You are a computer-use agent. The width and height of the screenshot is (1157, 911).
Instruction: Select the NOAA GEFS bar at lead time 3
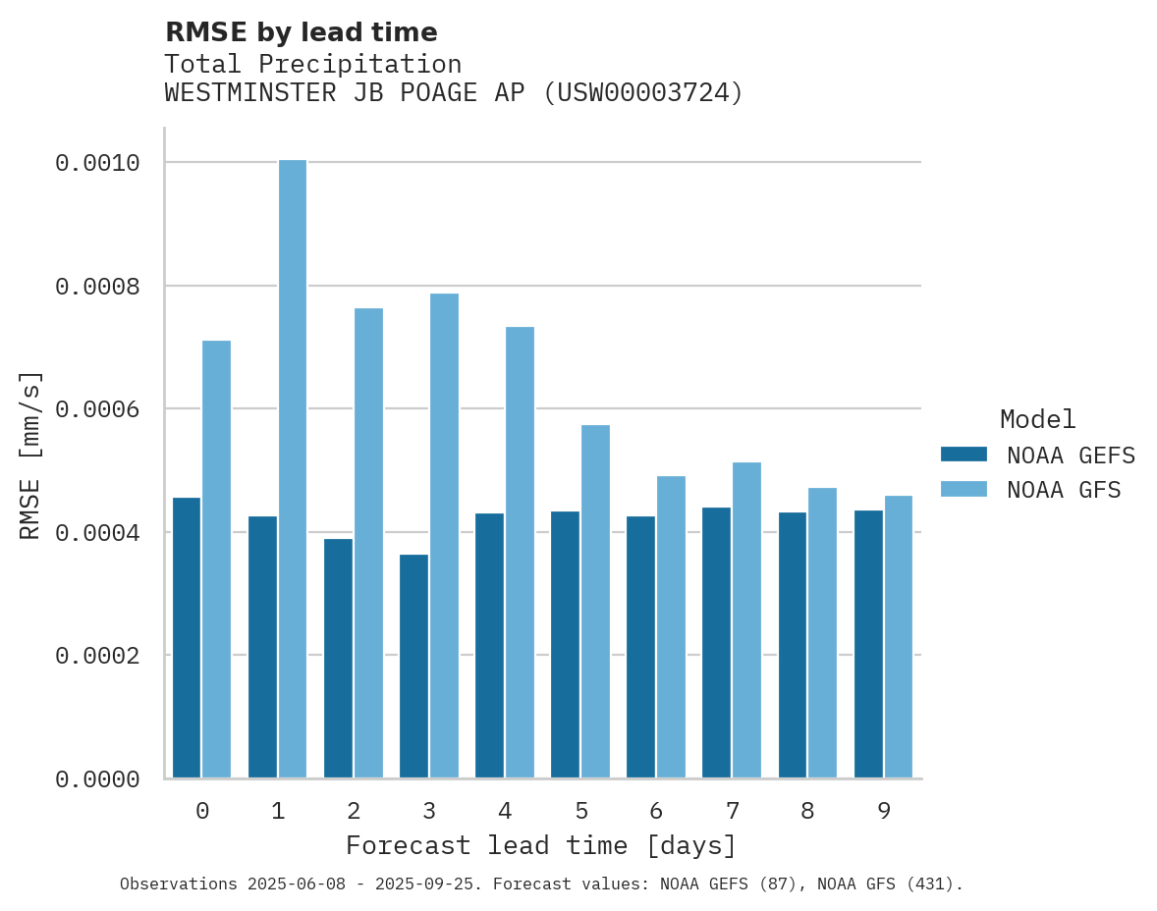click(413, 667)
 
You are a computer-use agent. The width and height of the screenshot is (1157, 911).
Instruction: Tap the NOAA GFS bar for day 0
click(216, 560)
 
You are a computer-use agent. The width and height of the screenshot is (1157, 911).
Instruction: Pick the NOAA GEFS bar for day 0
click(187, 638)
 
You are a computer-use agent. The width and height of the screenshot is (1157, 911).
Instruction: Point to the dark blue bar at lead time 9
click(868, 644)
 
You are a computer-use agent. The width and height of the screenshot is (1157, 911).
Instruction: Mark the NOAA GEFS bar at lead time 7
click(717, 643)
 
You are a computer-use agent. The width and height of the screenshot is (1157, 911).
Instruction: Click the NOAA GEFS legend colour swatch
click(964, 455)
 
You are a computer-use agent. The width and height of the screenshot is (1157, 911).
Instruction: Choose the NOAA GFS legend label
click(1064, 489)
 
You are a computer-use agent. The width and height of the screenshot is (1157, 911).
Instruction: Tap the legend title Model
click(1037, 419)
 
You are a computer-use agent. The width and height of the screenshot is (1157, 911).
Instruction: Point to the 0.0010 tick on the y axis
click(96, 163)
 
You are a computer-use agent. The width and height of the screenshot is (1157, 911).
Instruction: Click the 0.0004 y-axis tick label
click(96, 533)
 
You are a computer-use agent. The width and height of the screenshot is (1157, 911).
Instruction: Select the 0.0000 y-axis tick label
click(96, 779)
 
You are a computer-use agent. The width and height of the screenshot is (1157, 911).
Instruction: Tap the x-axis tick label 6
click(656, 811)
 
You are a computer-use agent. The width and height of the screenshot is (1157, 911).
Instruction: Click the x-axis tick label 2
click(354, 811)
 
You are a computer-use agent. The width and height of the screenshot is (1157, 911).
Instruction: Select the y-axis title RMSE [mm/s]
click(31, 455)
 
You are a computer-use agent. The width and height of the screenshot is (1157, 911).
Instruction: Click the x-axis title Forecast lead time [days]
click(541, 845)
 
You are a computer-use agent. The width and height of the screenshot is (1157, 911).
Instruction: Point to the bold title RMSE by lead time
click(301, 32)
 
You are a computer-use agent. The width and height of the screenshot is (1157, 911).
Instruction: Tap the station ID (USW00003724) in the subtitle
click(643, 93)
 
